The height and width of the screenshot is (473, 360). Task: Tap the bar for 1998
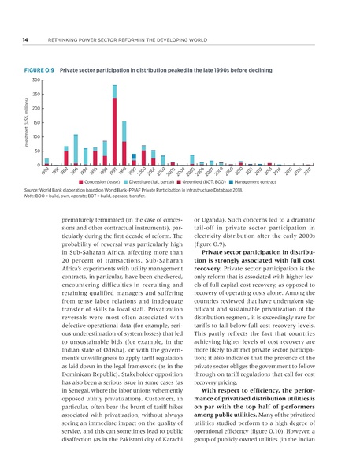pyautogui.click(x=124, y=143)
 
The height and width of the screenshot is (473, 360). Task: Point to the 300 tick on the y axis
pyautogui.click(x=35, y=80)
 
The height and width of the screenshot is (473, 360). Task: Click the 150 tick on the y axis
pyautogui.click(x=35, y=123)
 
